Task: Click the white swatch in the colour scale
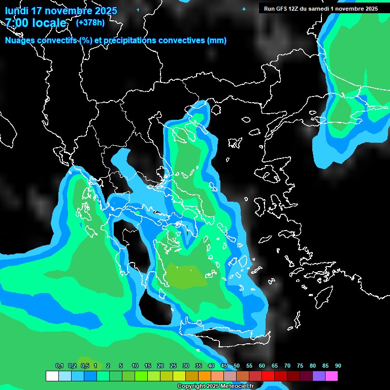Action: tap(52, 376)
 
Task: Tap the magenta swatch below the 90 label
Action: tap(332, 376)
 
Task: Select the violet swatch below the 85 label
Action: tap(319, 376)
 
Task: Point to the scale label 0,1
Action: tap(59, 366)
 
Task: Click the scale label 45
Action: tap(224, 366)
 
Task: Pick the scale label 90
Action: tap(338, 366)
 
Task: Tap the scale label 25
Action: tap(173, 366)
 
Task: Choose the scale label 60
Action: tap(262, 366)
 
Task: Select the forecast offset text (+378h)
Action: tap(90, 22)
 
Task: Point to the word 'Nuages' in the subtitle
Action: tap(21, 41)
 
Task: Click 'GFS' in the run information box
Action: tap(282, 9)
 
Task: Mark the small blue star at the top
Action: tap(244, 9)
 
